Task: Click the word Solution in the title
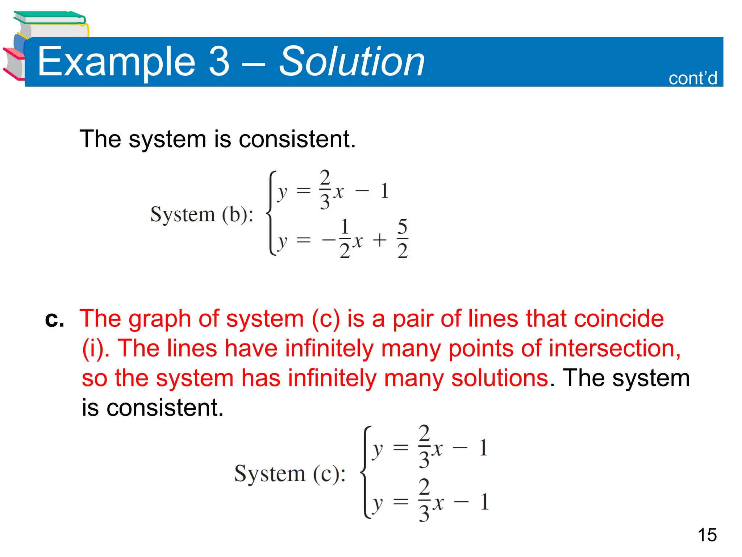[351, 62]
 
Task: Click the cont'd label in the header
[692, 78]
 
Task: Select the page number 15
[707, 535]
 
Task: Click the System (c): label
[290, 474]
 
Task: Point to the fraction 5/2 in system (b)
[403, 239]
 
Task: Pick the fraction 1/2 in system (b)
[345, 239]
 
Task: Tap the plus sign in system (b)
[380, 240]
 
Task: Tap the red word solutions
[500, 378]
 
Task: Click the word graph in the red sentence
[159, 319]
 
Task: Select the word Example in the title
[116, 62]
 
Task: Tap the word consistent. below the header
[297, 139]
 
